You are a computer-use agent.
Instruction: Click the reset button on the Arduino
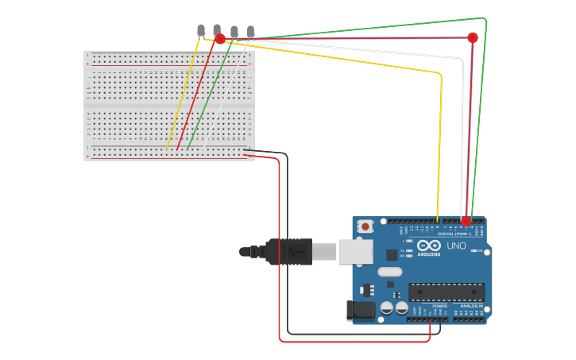[x=365, y=226]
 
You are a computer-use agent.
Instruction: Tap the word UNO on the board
[x=457, y=246]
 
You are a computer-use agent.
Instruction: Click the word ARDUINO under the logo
[x=428, y=255]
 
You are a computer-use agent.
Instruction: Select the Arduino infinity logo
[x=428, y=246]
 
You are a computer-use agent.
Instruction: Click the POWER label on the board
[x=439, y=305]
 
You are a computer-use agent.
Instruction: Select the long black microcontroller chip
[x=446, y=292]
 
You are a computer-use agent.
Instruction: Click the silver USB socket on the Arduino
[x=355, y=251]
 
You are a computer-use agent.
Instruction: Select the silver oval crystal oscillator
[x=390, y=272]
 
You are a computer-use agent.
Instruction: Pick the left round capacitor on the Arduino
[x=387, y=308]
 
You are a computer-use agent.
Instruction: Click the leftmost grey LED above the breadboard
[x=201, y=30]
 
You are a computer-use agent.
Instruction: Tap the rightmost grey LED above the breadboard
[x=250, y=31]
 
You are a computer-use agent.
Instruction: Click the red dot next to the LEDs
[x=220, y=39]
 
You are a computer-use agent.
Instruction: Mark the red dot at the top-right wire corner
[x=473, y=37]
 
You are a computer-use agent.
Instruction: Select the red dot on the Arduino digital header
[x=466, y=221]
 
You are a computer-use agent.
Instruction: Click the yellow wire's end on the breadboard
[x=168, y=149]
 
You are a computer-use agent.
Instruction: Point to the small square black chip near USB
[x=392, y=255]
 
